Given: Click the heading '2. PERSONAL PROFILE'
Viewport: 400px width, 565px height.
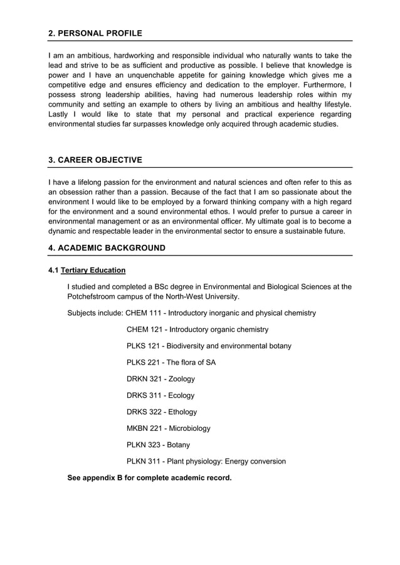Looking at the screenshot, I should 95,33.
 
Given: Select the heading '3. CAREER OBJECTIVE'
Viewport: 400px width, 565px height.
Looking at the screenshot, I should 95,160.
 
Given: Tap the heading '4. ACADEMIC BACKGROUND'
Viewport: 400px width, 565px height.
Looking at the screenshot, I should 107,248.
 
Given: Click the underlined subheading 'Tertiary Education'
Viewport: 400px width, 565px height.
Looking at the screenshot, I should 93,271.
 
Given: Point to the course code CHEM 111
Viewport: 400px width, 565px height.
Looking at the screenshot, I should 143,313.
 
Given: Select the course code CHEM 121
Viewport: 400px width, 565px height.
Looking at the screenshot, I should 144,329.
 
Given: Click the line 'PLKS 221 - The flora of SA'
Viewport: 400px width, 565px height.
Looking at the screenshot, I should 171,363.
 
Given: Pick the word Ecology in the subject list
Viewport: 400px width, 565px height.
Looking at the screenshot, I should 180,395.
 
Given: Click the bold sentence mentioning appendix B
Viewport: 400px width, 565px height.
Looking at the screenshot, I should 149,478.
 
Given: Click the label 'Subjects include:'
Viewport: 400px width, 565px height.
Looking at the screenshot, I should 95,313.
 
